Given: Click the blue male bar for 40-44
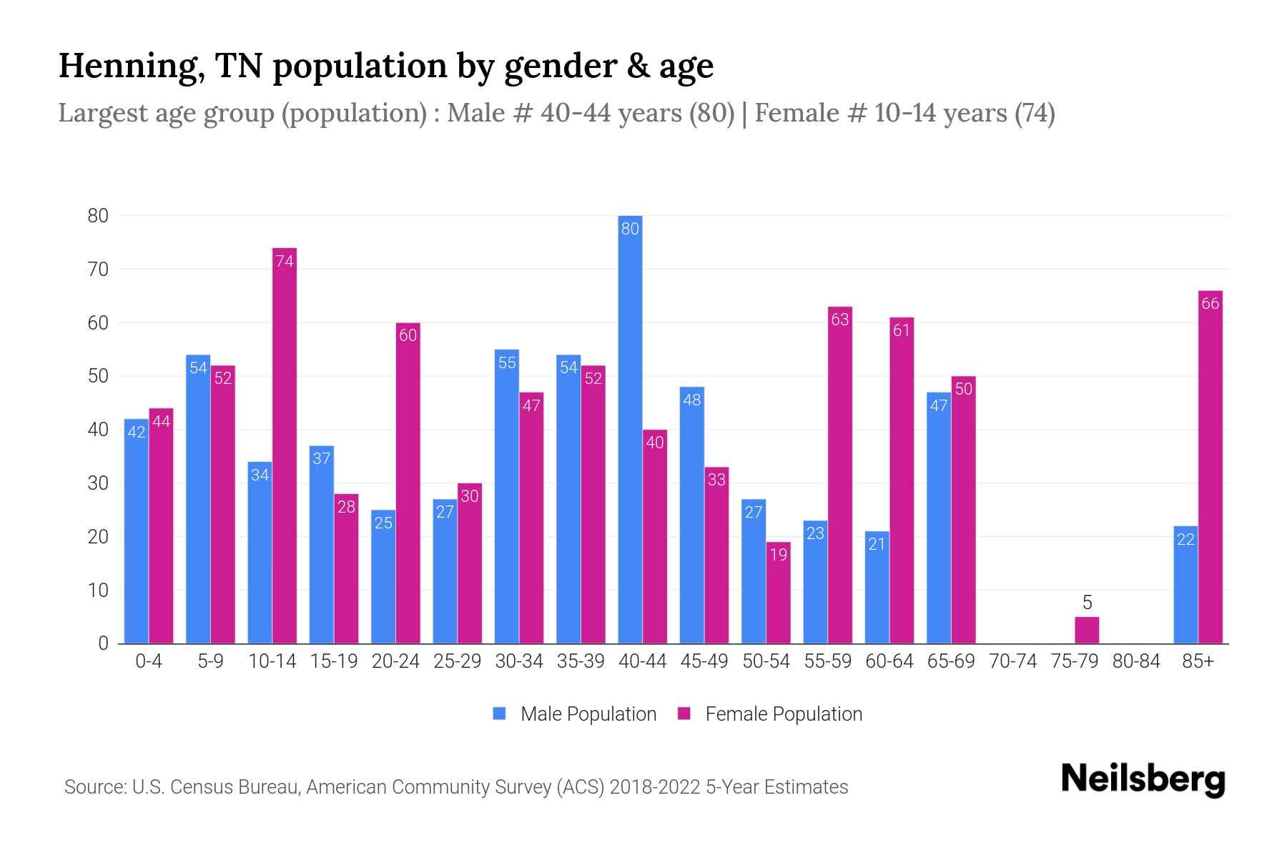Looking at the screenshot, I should point(630,429).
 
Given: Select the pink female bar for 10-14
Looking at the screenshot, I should point(285,445).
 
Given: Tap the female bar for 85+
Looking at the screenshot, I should point(1210,467).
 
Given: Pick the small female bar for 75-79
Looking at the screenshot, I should point(1087,630).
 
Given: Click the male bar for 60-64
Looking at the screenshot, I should point(877,587).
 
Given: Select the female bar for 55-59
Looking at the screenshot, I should point(840,475).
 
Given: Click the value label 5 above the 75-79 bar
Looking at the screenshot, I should point(1087,602).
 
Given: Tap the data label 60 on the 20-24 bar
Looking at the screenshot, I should point(408,335).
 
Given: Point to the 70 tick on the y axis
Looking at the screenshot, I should point(98,270).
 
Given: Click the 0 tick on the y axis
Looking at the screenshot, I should point(104,643).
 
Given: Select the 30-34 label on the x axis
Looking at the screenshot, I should point(519,661).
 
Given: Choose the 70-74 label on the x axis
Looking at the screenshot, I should point(1012,661).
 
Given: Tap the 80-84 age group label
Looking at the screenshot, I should point(1136,661).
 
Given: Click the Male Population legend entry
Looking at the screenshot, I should point(588,714).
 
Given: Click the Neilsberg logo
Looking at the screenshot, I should point(1143,779).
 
